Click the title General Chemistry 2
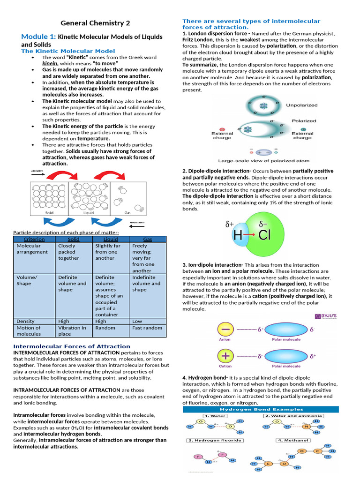click(95, 23)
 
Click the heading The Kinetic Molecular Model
click(68, 51)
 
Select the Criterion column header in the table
click(34, 239)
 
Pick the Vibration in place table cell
click(72, 331)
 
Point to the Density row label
click(25, 321)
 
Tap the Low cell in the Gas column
click(137, 321)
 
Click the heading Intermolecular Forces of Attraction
click(72, 346)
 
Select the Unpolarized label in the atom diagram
click(301, 105)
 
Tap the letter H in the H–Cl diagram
click(238, 235)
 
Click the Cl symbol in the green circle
click(265, 235)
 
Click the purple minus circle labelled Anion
click(225, 330)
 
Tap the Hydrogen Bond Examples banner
click(260, 409)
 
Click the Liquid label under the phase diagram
click(89, 212)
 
